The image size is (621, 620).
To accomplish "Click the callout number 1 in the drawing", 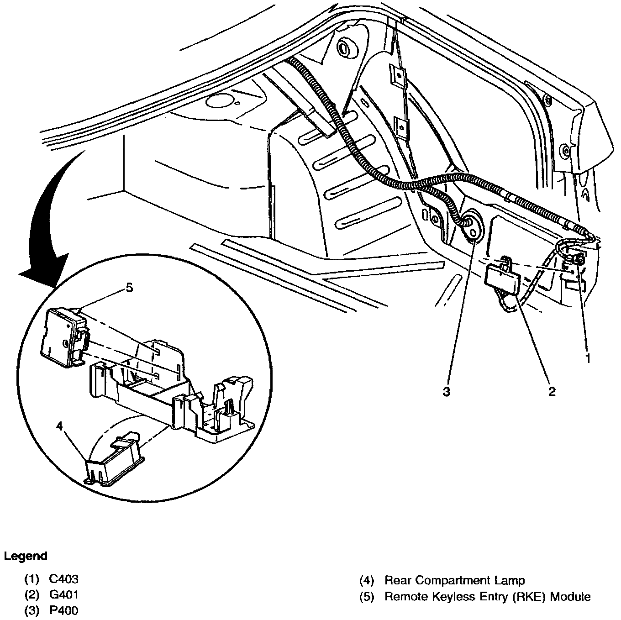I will click(x=588, y=359).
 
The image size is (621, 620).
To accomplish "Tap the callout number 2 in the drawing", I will click(x=552, y=391).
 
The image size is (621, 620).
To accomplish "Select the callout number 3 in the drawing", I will click(x=446, y=391).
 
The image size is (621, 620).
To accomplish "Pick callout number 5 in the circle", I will click(x=129, y=288).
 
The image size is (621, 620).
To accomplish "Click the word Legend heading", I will click(x=26, y=556).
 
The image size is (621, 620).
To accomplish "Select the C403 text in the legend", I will click(x=63, y=579).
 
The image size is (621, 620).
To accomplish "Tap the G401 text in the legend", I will click(x=63, y=594).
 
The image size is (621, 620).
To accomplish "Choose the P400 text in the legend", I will click(x=63, y=610).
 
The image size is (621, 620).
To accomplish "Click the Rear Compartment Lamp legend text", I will click(x=454, y=580).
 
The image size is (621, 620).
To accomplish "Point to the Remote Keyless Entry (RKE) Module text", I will click(x=487, y=596).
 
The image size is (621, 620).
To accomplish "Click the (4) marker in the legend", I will click(x=366, y=580).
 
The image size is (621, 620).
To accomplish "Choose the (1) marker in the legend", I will click(x=32, y=579).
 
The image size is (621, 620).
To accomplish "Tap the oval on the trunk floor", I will click(x=221, y=101).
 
